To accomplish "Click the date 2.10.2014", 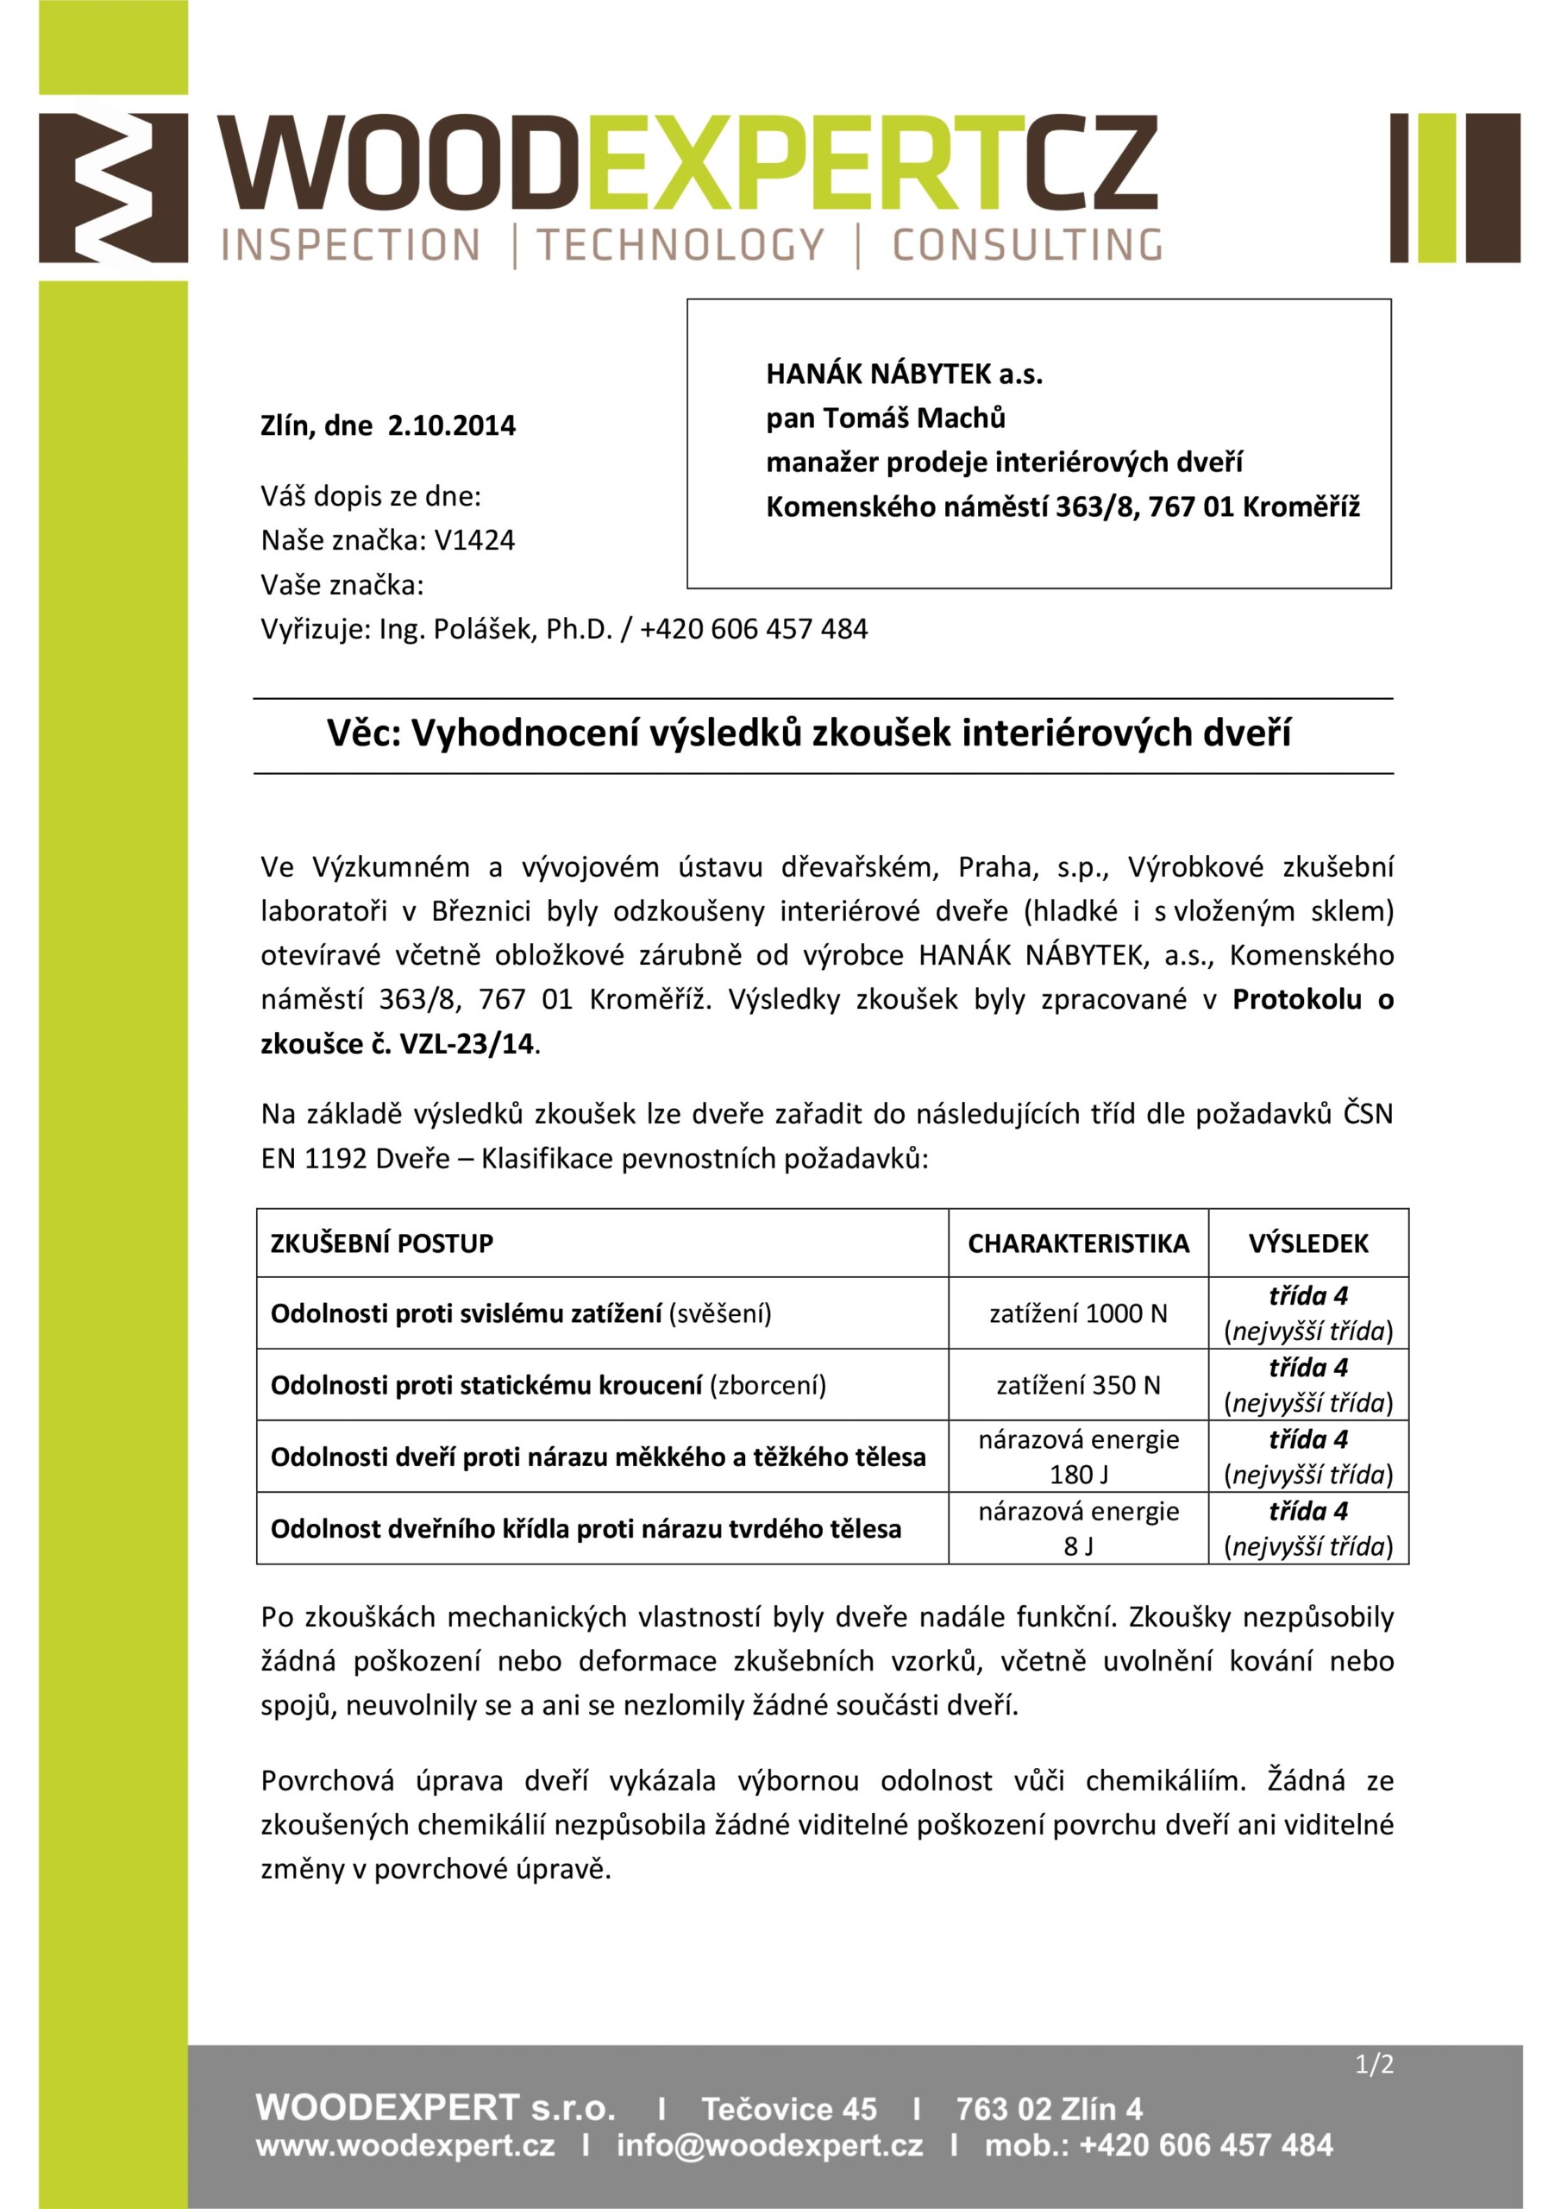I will point(451,425).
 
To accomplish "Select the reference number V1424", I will point(474,540).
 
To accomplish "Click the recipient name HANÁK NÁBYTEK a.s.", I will point(904,374).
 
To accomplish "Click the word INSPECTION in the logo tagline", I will point(350,245).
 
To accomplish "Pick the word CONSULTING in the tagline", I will point(1026,245).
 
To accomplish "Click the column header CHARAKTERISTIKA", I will point(1078,1244).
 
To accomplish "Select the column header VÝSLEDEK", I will point(1308,1244).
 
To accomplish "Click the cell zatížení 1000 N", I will point(1078,1313).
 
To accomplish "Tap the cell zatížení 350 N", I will point(1078,1386).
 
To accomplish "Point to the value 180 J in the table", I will point(1078,1475).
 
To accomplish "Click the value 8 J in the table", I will point(1078,1546).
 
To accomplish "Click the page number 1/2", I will point(1374,2065).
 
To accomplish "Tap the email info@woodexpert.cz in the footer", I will point(769,2145).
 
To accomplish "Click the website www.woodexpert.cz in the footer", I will point(405,2145).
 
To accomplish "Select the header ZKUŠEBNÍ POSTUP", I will point(382,1244).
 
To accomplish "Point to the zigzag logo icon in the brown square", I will point(114,187).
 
